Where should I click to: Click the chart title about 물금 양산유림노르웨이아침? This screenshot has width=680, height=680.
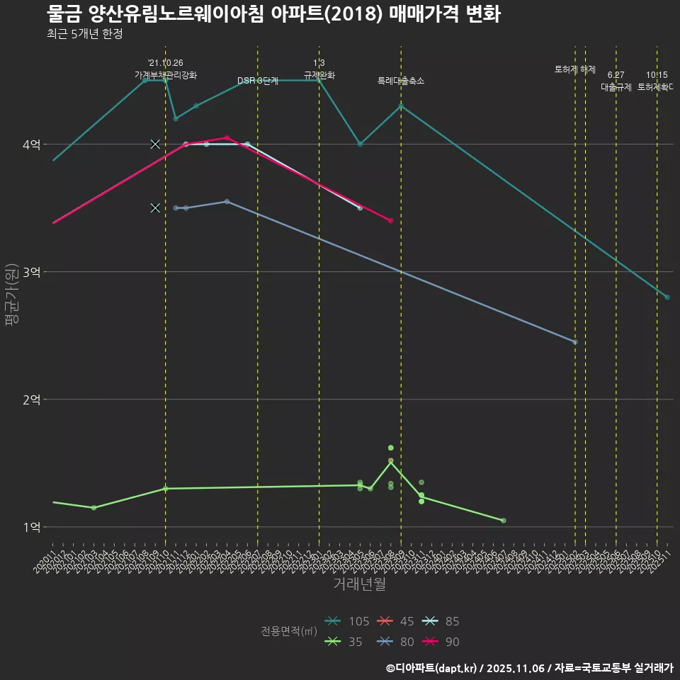click(273, 14)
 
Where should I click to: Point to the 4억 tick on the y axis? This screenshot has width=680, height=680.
click(30, 144)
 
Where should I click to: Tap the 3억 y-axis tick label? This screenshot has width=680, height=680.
click(30, 272)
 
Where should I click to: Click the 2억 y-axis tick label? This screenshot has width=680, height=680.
click(30, 399)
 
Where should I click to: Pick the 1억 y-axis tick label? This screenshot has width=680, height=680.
click(30, 527)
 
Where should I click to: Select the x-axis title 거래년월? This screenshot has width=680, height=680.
click(359, 584)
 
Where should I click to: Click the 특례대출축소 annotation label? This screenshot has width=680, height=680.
click(401, 81)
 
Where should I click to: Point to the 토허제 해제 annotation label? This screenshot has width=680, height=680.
click(574, 69)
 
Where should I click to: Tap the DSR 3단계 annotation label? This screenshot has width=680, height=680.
click(258, 81)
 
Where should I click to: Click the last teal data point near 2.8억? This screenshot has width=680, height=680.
click(667, 297)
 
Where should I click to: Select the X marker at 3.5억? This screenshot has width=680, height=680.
click(155, 208)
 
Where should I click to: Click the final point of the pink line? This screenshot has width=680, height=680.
click(391, 221)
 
